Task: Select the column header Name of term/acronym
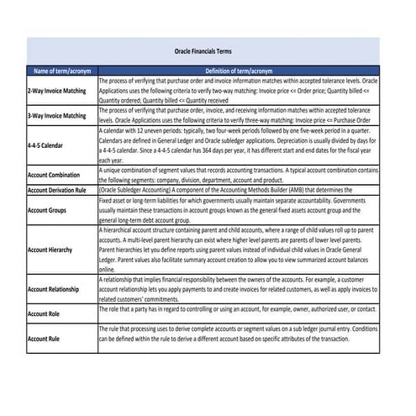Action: pyautogui.click(x=62, y=71)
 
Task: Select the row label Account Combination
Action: pyautogui.click(x=59, y=175)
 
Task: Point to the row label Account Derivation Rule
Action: pyautogui.click(x=61, y=191)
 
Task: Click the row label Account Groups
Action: pyautogui.click(x=50, y=210)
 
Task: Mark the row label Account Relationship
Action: pyautogui.click(x=58, y=288)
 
